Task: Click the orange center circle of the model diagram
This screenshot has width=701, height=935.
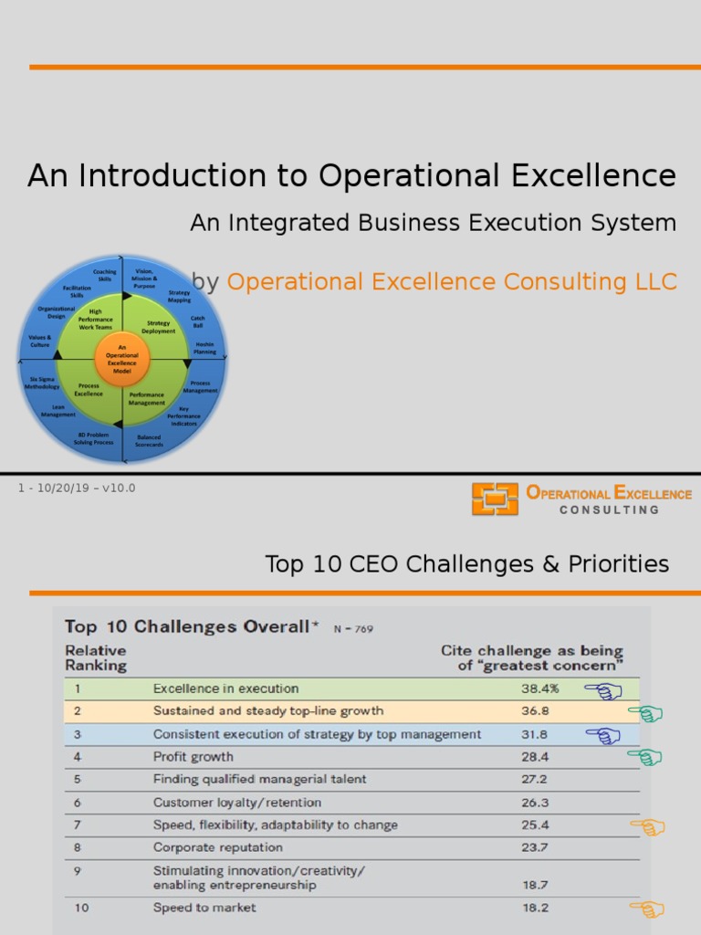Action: tap(121, 358)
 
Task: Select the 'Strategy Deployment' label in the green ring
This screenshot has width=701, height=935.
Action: tap(158, 327)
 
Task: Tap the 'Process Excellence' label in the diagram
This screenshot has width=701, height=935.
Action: tap(89, 389)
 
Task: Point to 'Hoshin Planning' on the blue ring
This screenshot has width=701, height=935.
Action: tap(204, 348)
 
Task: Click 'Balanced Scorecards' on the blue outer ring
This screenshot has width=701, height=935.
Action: tap(150, 440)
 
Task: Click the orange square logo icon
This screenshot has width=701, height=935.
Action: tap(495, 499)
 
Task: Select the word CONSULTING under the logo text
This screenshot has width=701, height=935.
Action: tap(609, 510)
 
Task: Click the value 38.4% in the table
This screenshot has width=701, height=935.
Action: tap(540, 688)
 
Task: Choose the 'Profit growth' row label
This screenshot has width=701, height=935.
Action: tap(193, 756)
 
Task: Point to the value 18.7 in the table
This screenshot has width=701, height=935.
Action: tap(536, 885)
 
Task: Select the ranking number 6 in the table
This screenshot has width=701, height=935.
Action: tap(78, 803)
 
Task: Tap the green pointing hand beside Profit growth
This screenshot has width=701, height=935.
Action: tap(644, 757)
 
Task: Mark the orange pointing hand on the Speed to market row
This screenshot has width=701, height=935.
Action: tap(647, 908)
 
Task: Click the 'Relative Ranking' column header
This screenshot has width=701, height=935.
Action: tap(95, 657)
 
